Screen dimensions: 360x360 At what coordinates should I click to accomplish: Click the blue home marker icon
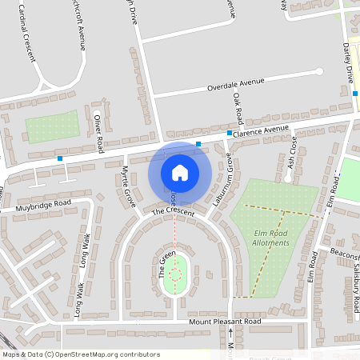pyautogui.click(x=180, y=173)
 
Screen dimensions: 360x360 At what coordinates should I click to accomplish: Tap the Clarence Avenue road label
pyautogui.click(x=260, y=129)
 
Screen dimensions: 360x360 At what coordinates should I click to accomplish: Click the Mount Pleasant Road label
pyautogui.click(x=225, y=322)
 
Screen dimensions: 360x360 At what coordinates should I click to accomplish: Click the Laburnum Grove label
pyautogui.click(x=217, y=182)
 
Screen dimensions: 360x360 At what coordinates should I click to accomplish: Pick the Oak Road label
pyautogui.click(x=238, y=107)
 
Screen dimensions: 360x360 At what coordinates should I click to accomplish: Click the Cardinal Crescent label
pyautogui.click(x=24, y=32)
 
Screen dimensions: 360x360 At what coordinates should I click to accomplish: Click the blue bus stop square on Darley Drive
pyautogui.click(x=355, y=94)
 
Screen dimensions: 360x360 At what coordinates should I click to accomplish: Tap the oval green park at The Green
pyautogui.click(x=175, y=274)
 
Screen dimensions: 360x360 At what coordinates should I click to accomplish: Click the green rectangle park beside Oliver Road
pyautogui.click(x=53, y=127)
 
